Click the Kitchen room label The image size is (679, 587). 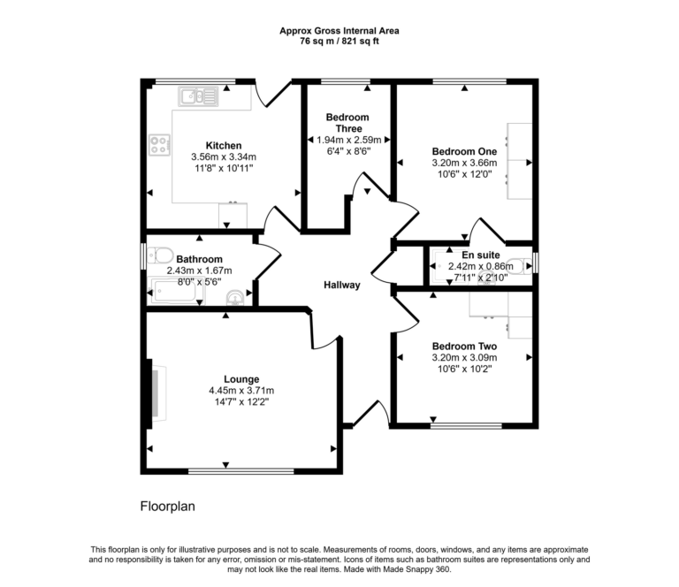[224, 146]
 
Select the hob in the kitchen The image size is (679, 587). [160, 144]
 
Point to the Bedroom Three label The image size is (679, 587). [347, 123]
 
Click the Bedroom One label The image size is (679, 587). [464, 151]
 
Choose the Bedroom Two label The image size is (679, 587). [464, 347]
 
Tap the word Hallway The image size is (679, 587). [341, 285]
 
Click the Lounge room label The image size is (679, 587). [241, 379]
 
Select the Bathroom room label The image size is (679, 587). [198, 260]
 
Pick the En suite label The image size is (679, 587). [468, 254]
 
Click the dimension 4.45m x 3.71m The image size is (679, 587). [241, 391]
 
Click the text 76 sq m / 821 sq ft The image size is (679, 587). [339, 41]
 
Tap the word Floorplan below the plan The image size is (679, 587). [167, 507]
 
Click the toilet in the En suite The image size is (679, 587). [523, 263]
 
